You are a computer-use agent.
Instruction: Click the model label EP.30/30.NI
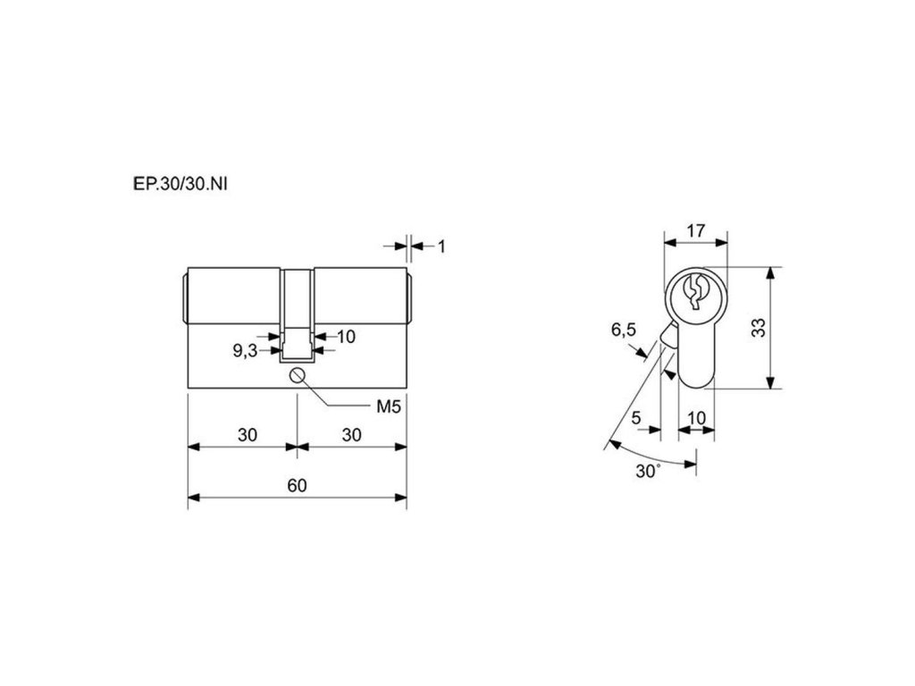point(180,184)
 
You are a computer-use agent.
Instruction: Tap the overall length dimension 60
point(297,485)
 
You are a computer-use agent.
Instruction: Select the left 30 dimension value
point(248,435)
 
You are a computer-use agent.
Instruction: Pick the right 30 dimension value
point(351,435)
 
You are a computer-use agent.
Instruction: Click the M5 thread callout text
point(389,406)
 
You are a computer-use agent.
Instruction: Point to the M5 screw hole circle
point(298,375)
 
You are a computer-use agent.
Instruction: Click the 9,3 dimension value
point(245,350)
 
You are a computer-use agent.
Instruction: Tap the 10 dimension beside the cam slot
point(346,337)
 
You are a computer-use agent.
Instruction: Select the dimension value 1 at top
point(441,247)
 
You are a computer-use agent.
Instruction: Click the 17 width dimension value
point(695,231)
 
